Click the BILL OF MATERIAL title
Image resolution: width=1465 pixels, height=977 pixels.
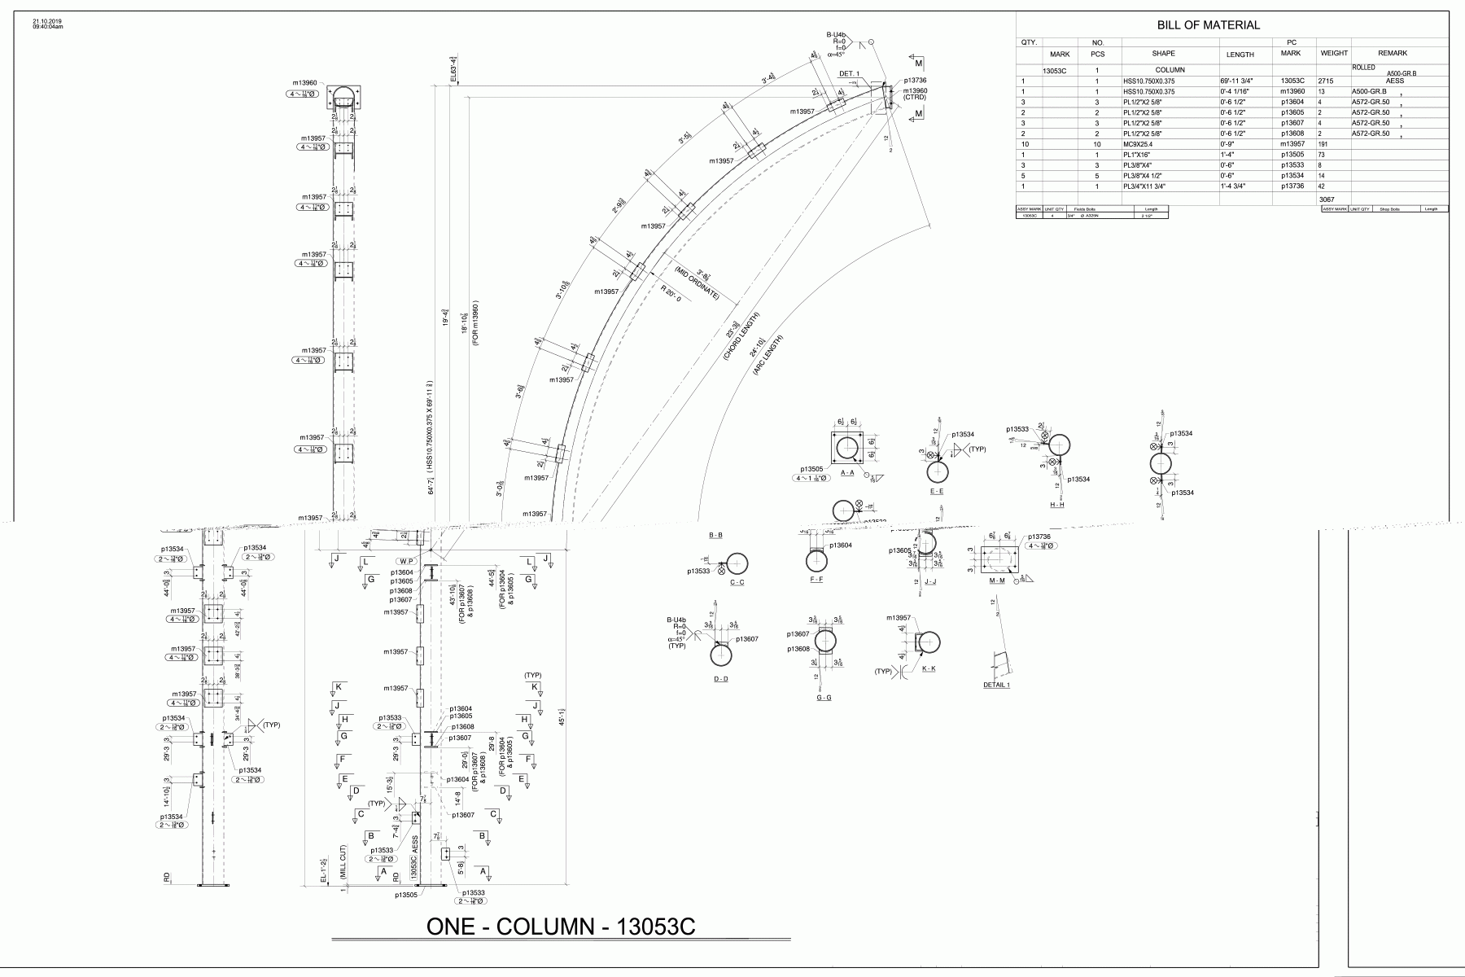pyautogui.click(x=1209, y=25)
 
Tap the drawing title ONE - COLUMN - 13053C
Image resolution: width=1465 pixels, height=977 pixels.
pyautogui.click(x=561, y=927)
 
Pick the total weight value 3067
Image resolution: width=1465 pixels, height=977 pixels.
pyautogui.click(x=1327, y=199)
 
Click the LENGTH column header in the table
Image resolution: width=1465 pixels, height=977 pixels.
pyautogui.click(x=1240, y=55)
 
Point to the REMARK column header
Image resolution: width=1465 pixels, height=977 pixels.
pyautogui.click(x=1393, y=54)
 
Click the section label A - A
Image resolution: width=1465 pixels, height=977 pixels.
pyautogui.click(x=847, y=472)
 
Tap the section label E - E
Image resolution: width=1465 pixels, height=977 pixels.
pyautogui.click(x=937, y=492)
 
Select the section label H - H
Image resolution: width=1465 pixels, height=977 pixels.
pyautogui.click(x=1056, y=505)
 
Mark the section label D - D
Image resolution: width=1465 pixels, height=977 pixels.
pyautogui.click(x=720, y=679)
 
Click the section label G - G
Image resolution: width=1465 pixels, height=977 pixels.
pyautogui.click(x=824, y=698)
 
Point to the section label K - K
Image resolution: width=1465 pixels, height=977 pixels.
pyautogui.click(x=929, y=668)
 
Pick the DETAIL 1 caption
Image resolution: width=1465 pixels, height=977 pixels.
pyautogui.click(x=996, y=686)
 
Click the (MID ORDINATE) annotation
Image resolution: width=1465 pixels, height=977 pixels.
pyautogui.click(x=696, y=282)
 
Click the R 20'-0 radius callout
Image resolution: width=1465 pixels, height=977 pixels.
pyautogui.click(x=675, y=289)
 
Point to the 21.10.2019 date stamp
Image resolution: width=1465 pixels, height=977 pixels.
pyautogui.click(x=47, y=21)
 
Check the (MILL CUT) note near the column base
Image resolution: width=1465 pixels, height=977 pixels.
pyautogui.click(x=343, y=865)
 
